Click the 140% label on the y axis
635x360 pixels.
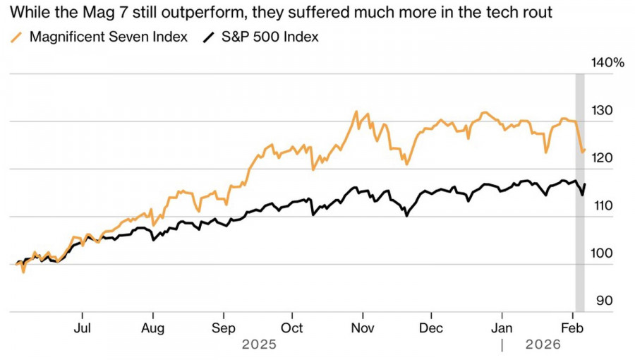(x=608, y=63)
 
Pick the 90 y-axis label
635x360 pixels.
(x=604, y=301)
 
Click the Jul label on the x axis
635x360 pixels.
(x=83, y=328)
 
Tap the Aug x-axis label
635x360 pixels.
(x=152, y=328)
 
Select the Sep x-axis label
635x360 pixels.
(x=223, y=328)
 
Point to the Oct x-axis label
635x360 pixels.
(x=291, y=328)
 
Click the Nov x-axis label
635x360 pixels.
(x=362, y=328)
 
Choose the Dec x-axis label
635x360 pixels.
(x=430, y=328)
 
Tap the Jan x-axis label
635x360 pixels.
(x=502, y=328)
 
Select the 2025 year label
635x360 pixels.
(x=259, y=344)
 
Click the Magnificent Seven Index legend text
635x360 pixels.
(x=109, y=37)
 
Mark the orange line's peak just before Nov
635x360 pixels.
(x=356, y=112)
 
